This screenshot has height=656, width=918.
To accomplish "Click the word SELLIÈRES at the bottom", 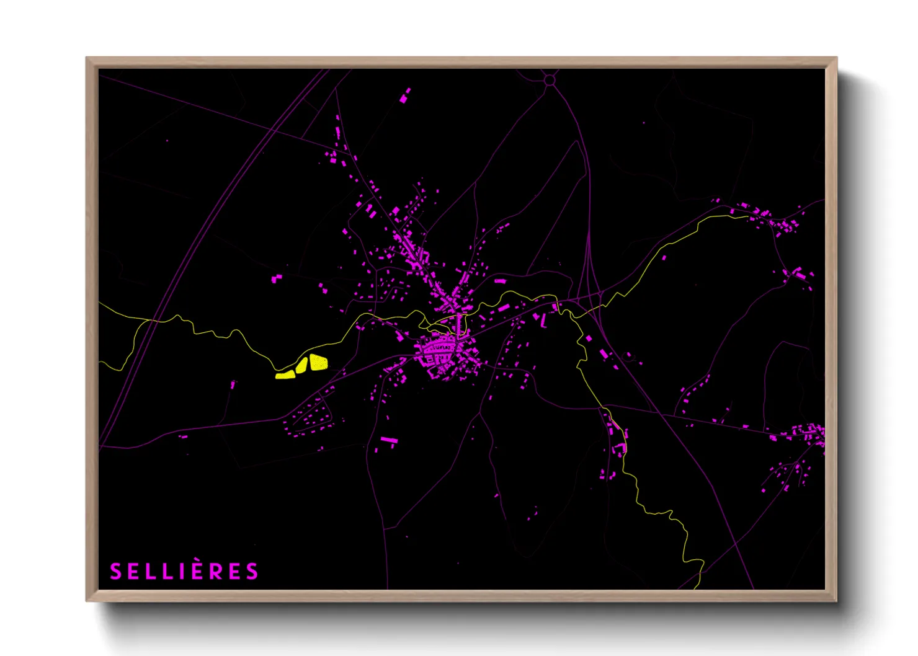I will pyautogui.click(x=184, y=571).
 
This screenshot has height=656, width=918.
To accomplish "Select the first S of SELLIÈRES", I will pyautogui.click(x=115, y=571).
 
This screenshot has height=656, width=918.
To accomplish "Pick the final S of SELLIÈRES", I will pyautogui.click(x=252, y=571).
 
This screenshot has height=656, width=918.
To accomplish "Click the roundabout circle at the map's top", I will pyautogui.click(x=549, y=80).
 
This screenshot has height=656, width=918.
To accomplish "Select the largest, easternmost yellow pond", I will pyautogui.click(x=318, y=362).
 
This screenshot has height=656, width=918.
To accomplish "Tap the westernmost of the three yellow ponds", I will pyautogui.click(x=286, y=375).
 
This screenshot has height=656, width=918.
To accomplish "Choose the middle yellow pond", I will pyautogui.click(x=302, y=366).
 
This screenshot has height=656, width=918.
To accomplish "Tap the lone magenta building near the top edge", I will pyautogui.click(x=405, y=95).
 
